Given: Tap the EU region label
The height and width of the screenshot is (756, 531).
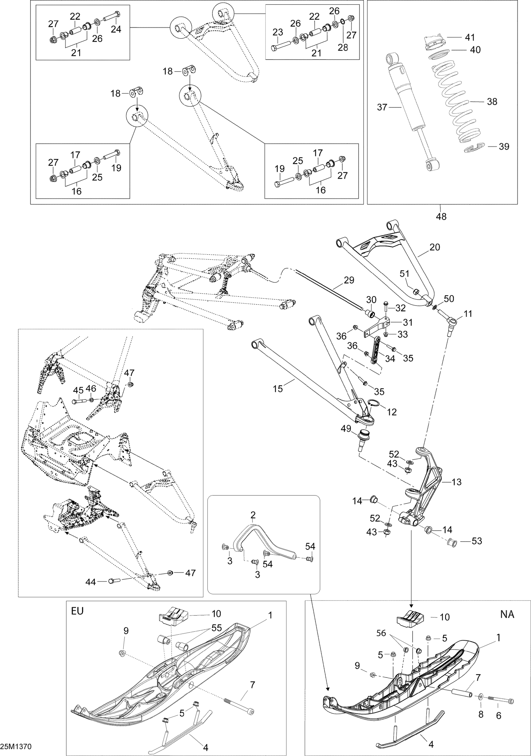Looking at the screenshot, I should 77,611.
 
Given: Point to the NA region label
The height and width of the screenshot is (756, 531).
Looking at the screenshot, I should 507,614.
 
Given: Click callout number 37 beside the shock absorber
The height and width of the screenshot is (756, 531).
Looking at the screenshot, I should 382,107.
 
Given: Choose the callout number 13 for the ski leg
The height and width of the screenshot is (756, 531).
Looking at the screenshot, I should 457,482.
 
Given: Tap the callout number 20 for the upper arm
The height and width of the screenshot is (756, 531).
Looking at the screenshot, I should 435,247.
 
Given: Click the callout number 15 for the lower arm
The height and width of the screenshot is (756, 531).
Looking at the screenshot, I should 278,389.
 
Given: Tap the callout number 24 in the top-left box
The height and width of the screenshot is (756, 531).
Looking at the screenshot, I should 116,29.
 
